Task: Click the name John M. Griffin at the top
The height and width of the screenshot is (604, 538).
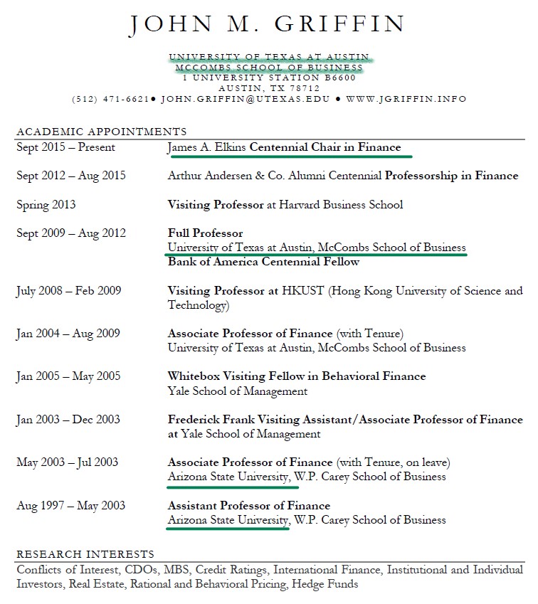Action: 268,25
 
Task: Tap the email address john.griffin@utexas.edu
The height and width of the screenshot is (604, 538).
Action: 246,99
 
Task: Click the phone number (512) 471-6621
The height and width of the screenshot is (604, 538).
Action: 110,99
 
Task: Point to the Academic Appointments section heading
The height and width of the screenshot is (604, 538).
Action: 101,132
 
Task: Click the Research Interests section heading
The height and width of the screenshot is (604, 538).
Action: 85,553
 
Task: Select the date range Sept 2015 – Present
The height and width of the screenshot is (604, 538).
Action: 65,147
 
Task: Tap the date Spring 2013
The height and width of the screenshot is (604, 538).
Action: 46,205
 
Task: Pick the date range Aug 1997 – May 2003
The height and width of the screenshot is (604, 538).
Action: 70,506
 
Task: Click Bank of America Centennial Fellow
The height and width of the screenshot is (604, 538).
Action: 263,262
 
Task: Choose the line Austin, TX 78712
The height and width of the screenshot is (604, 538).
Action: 269,88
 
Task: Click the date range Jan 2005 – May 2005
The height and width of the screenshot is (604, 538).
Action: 68,376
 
